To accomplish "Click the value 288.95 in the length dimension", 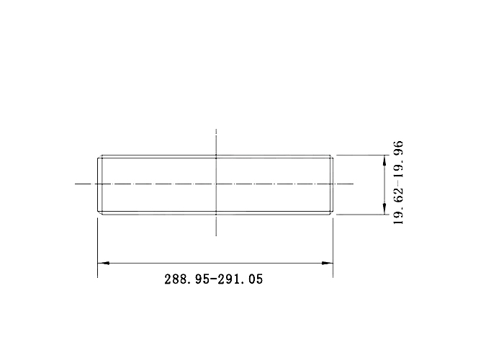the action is click(186, 279).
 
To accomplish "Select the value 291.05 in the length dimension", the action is click(240, 279).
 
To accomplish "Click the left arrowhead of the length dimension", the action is click(103, 263).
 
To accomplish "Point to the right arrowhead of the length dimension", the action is click(327, 263).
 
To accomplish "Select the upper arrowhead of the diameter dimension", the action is click(384, 161).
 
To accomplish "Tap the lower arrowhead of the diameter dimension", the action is click(384, 209).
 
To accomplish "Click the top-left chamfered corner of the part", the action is click(99, 156).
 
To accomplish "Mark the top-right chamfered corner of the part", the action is click(331, 156).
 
